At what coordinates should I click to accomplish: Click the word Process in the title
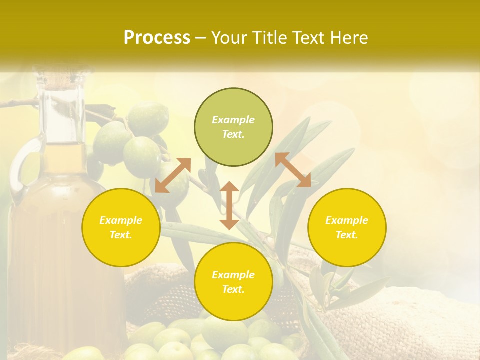tap(157, 38)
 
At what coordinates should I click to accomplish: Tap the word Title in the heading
tap(272, 38)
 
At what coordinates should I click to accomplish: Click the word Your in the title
tap(230, 38)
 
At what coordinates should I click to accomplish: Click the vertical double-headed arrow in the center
tap(229, 205)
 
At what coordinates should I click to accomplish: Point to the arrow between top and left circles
tap(173, 175)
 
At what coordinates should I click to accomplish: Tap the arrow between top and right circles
tap(293, 170)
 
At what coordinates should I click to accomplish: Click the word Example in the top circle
tap(233, 120)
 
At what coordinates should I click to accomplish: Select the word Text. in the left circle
tap(121, 235)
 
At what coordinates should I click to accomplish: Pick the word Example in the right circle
tap(347, 220)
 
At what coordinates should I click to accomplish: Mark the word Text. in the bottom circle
tap(233, 289)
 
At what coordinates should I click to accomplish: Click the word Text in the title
tap(309, 38)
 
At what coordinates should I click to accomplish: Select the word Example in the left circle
tap(121, 220)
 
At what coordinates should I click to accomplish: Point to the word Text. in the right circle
tap(347, 235)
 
